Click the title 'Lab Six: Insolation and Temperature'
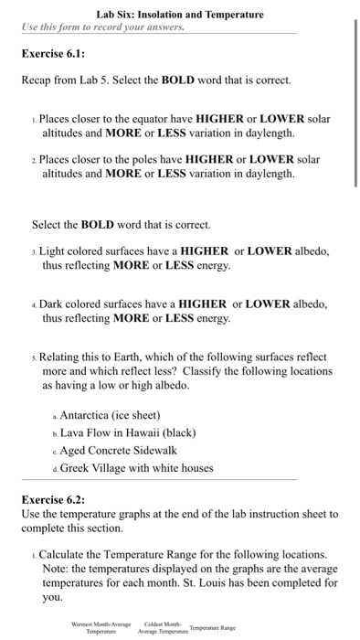coord(180,15)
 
